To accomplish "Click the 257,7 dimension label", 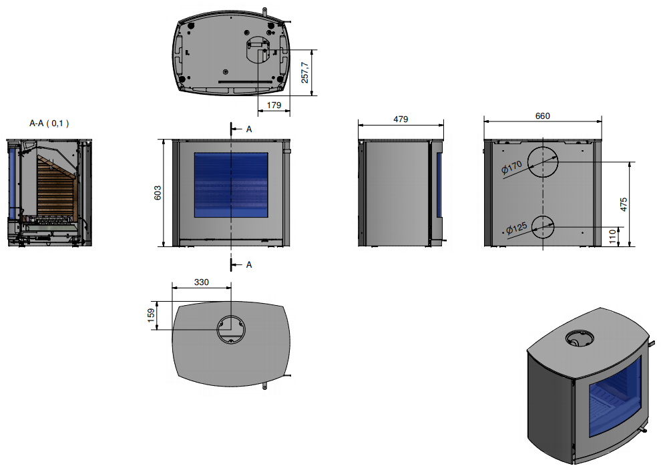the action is [304, 73].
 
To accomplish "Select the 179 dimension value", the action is [274, 105].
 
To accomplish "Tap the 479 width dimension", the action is [401, 120].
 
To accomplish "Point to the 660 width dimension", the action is [543, 116].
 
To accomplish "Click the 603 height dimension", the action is [158, 193].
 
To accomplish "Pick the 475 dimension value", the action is [624, 204].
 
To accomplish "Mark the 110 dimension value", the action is [612, 237].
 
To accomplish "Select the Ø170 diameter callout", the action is [511, 168].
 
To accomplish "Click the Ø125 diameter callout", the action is [516, 228].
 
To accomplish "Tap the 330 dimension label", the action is [202, 282].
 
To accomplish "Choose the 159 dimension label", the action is [151, 316].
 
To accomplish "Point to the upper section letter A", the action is [249, 130].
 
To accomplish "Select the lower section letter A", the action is [249, 265].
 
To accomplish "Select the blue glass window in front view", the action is [231, 185].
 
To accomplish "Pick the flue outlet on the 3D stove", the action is [580, 338].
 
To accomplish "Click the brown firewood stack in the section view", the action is [57, 188].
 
